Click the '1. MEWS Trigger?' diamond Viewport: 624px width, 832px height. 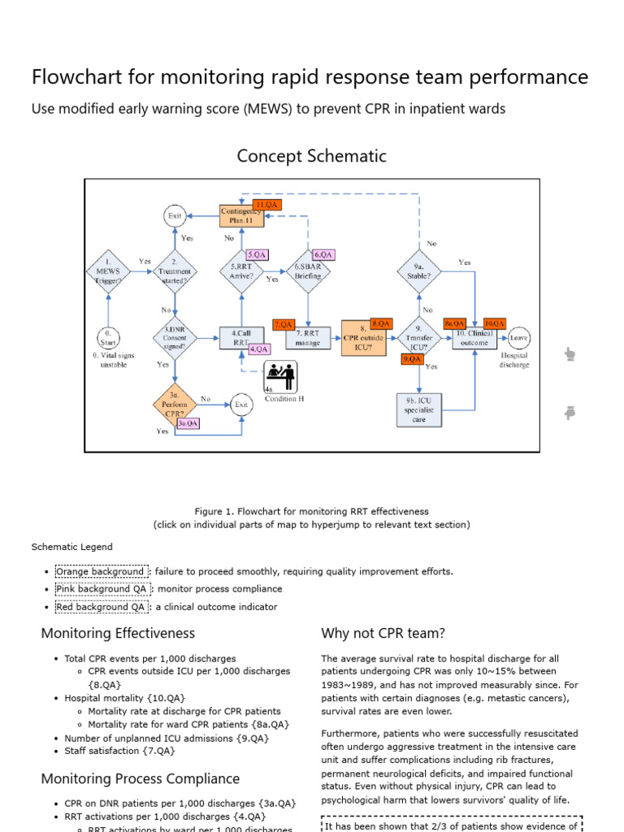108,269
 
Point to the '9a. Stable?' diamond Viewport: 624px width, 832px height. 419,270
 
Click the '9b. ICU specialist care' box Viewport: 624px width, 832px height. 419,409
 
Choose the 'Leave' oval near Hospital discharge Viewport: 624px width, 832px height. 519,337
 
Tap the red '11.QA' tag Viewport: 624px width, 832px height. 266,205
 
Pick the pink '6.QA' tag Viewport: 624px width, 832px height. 323,254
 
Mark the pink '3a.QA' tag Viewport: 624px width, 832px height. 188,423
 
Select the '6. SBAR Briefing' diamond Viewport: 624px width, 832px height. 309,270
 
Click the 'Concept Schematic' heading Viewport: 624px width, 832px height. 312,156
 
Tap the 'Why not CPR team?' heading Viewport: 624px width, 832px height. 383,633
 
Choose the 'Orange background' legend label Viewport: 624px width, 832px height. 102,571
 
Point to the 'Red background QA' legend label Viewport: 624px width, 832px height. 101,607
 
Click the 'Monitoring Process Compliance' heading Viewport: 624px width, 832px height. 141,779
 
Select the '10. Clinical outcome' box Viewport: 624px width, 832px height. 474,338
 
